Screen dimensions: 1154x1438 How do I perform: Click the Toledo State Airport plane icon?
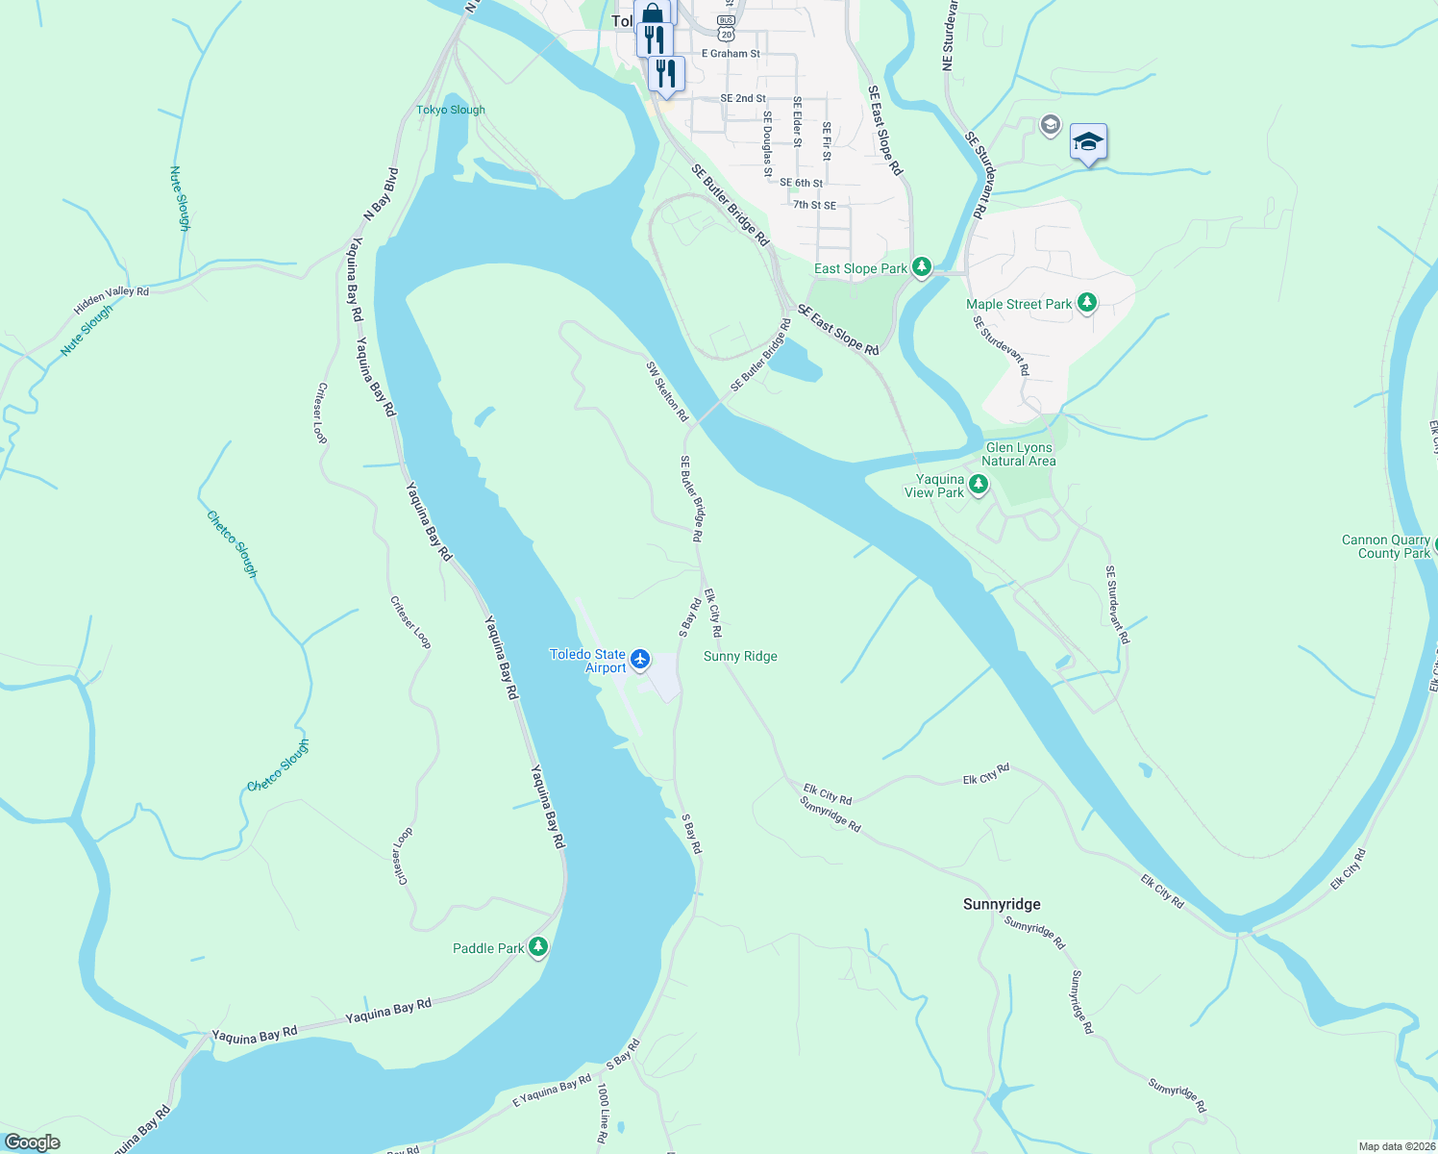coord(640,660)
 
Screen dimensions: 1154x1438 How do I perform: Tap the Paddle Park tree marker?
coord(538,947)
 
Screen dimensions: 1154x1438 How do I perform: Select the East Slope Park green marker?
coord(922,266)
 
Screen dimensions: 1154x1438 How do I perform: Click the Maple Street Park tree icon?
coord(1087,303)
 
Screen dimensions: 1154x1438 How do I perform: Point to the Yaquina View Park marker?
coord(979,485)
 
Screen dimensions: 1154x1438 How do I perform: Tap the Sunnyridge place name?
coord(1002,904)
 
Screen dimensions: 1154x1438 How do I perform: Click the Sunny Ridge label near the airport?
coord(740,656)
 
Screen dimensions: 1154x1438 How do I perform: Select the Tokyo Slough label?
coord(451,110)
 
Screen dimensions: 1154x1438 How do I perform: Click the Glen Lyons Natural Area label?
coord(1019,454)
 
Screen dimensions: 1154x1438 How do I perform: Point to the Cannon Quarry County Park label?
coord(1386,546)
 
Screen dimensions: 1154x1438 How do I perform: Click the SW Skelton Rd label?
coord(667,391)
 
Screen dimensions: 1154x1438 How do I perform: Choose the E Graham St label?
coord(731,54)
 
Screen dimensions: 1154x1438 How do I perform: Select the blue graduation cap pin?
coord(1087,142)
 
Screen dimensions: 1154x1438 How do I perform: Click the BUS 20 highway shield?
coord(726,28)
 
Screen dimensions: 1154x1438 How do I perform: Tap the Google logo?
coord(32,1142)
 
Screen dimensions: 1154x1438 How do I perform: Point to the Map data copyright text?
coord(1397,1146)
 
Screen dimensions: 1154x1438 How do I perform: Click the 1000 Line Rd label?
coord(603,1114)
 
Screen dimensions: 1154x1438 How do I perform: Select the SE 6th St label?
coord(801,183)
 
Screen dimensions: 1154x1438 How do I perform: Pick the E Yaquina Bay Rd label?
coord(552,1091)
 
